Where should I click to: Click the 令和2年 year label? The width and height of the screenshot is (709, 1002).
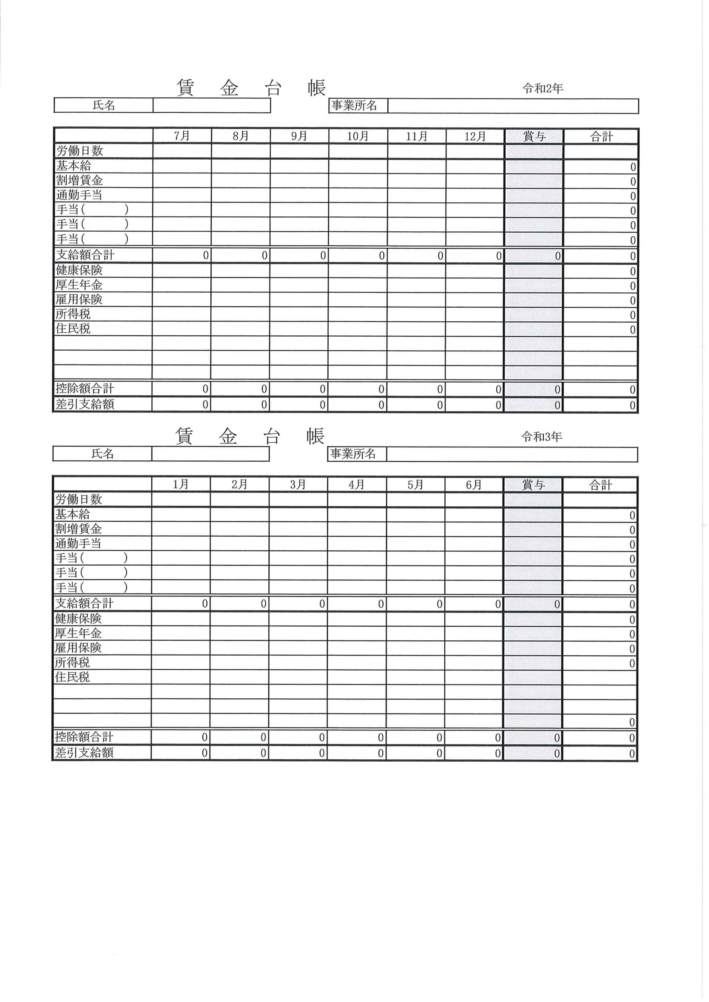point(543,88)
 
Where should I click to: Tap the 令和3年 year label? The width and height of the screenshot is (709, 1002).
point(541,437)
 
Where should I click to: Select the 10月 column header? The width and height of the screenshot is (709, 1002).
point(358,136)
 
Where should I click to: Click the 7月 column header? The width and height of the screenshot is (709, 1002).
point(182,136)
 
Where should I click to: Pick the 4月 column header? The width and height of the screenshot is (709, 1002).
point(356,485)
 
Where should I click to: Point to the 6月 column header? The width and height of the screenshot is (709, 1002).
point(474,485)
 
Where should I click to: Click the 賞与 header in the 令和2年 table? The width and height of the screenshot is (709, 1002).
point(534,137)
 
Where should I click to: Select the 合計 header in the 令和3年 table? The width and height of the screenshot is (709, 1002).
point(600,485)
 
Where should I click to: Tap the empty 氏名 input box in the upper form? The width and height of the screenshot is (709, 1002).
point(212,105)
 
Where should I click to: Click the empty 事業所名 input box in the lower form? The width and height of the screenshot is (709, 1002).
point(512,454)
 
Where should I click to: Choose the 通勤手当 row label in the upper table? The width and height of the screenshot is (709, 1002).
point(79,195)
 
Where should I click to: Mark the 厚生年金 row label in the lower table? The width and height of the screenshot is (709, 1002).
point(78,633)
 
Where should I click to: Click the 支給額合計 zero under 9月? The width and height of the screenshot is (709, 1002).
point(323,256)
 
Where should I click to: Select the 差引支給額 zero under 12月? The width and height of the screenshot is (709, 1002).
point(498,405)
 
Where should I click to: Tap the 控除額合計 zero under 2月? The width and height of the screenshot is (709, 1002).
point(263,737)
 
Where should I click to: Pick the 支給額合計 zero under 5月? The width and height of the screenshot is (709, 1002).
point(439,604)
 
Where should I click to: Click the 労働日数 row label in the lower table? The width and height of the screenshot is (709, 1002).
point(79,499)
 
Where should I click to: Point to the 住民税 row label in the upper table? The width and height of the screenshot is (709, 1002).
point(73,329)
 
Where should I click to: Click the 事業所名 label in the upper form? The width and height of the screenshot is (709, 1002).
point(354,106)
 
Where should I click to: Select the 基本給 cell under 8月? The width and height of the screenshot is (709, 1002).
point(241,166)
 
